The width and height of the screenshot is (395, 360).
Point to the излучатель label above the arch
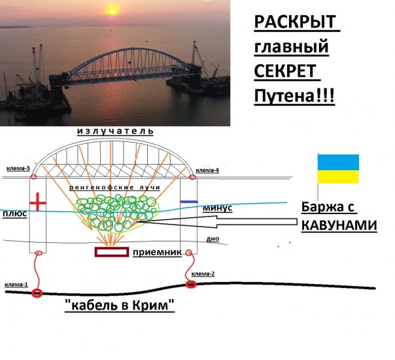tap(115, 131)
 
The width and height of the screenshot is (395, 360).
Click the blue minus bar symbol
tap(188, 201)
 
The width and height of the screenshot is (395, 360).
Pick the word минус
tap(217, 207)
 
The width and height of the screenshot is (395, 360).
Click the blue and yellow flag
tap(338, 169)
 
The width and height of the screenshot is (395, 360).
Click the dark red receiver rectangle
tap(111, 252)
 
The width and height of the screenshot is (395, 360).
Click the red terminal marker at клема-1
tap(37, 293)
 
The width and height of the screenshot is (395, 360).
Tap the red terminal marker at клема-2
tap(190, 284)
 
